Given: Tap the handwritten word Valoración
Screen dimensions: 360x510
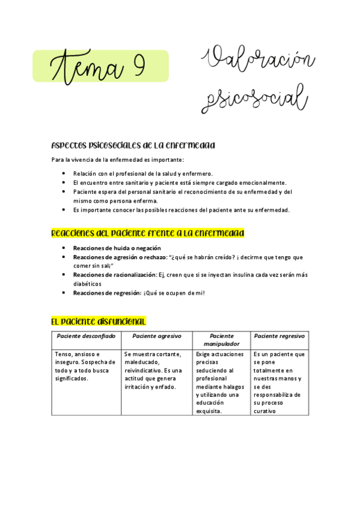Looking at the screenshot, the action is pyautogui.click(x=260, y=63).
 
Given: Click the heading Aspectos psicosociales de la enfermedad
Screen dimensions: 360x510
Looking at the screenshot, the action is pyautogui.click(x=134, y=146).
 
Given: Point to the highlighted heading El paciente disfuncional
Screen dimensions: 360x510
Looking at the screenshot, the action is pyautogui.click(x=99, y=322).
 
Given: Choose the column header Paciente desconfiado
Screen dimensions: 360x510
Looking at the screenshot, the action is pyautogui.click(x=86, y=336).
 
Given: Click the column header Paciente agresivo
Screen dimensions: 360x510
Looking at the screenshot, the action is pyautogui.click(x=156, y=336).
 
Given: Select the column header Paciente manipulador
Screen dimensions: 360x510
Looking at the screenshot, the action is pyautogui.click(x=222, y=340).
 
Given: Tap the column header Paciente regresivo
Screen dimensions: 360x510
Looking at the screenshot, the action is pyautogui.click(x=279, y=336).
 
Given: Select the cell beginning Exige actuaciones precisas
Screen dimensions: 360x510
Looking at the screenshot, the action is pyautogui.click(x=220, y=382).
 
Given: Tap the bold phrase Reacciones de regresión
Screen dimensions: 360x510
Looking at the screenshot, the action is pyautogui.click(x=106, y=293).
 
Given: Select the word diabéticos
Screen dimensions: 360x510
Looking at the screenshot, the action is pyautogui.click(x=87, y=284).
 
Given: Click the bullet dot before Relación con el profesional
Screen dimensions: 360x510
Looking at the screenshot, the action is pyautogui.click(x=64, y=173).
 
